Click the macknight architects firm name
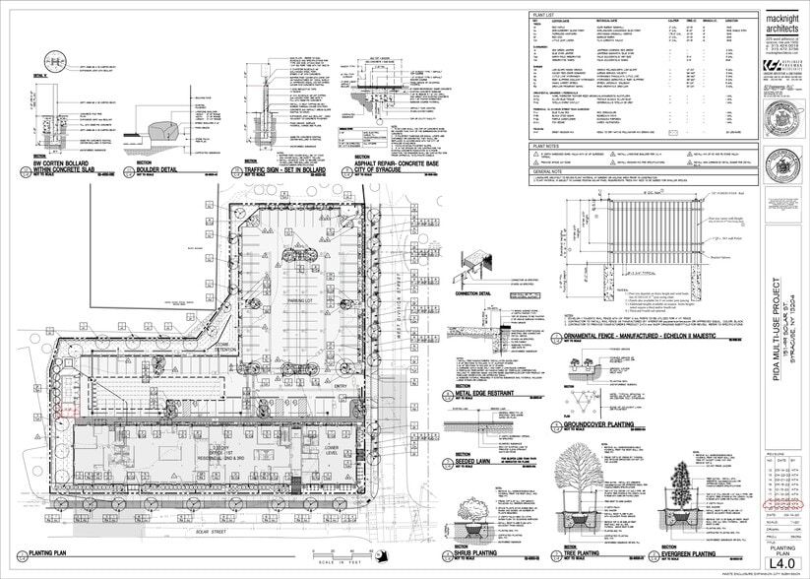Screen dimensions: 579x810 point(784,23)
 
